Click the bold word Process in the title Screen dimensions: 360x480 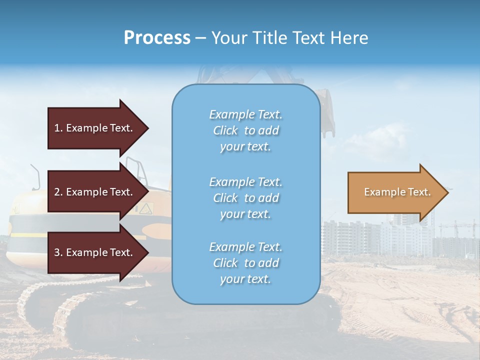(x=157, y=37)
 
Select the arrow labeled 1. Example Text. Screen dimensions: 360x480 (x=95, y=128)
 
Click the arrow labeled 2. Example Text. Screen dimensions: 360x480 (x=95, y=192)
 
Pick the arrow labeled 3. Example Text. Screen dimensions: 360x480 (x=95, y=252)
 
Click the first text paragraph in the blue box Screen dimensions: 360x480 (x=245, y=130)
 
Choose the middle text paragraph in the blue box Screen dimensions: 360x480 (x=245, y=198)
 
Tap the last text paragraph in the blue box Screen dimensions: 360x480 (x=245, y=263)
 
